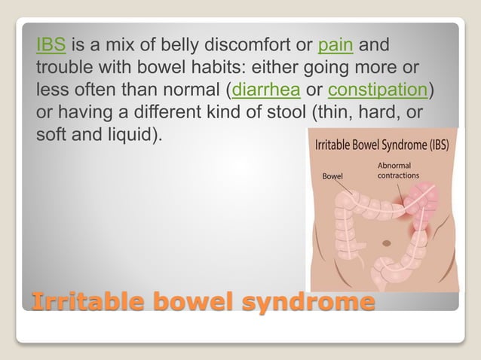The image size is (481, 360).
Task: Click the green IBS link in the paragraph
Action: pyautogui.click(x=51, y=44)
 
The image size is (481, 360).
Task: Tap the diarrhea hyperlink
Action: pyautogui.click(x=267, y=91)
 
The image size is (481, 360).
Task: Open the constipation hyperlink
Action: pyautogui.click(x=378, y=91)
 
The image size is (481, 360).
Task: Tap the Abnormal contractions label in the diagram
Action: pyautogui.click(x=398, y=171)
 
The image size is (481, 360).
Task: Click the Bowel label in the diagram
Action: pyautogui.click(x=332, y=176)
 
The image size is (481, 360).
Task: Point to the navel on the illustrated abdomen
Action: pyautogui.click(x=386, y=243)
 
